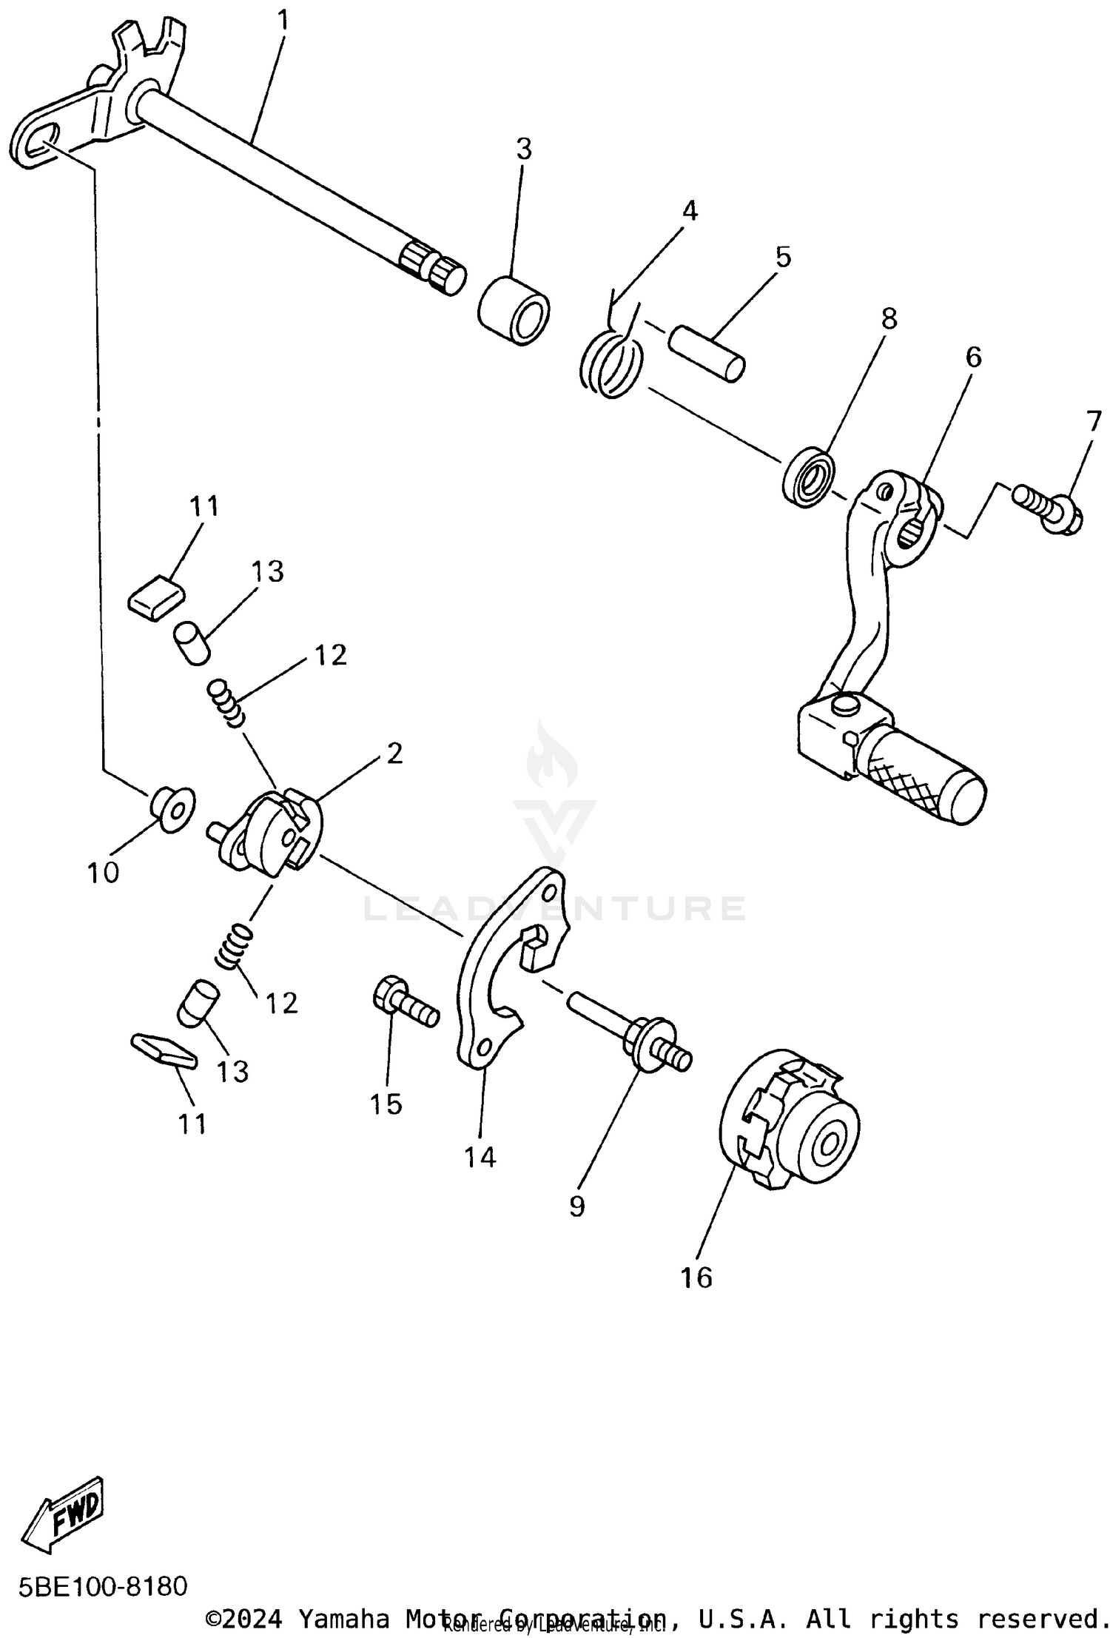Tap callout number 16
click(x=696, y=1278)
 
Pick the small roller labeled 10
click(x=172, y=809)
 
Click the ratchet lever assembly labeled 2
click(x=270, y=833)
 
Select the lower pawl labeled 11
click(x=164, y=1052)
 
